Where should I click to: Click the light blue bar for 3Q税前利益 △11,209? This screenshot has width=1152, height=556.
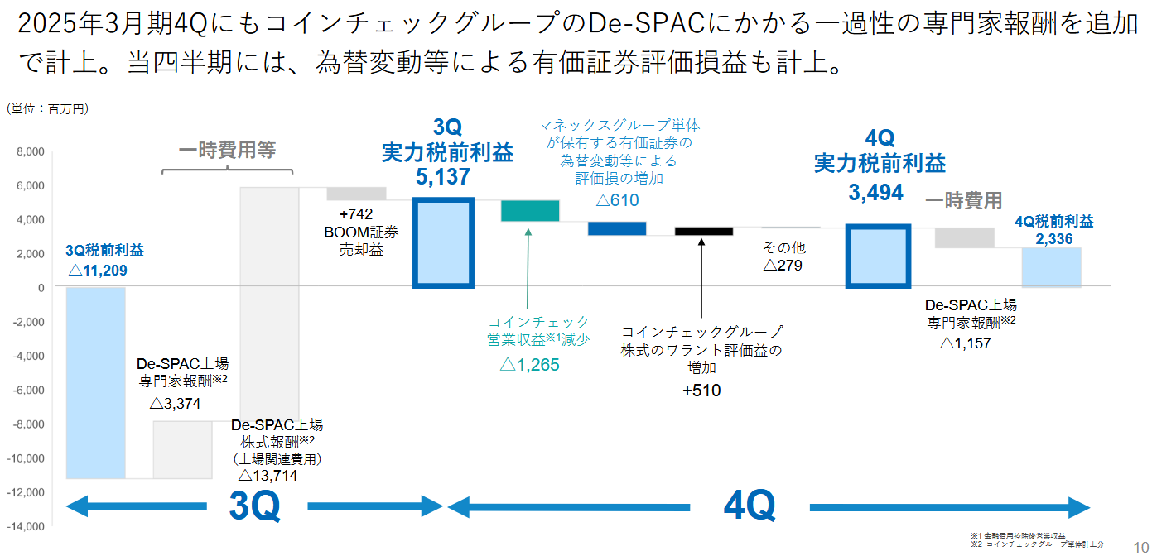[95, 382]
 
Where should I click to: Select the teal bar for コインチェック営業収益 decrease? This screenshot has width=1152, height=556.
[530, 210]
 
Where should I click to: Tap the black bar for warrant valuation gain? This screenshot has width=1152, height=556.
[704, 231]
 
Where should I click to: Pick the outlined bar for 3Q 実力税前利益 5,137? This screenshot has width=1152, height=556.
[443, 243]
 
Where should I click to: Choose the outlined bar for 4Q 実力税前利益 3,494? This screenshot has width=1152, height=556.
[878, 256]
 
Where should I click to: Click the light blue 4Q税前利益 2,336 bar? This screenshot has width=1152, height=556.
[1052, 267]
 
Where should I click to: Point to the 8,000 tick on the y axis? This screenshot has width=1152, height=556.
[29, 152]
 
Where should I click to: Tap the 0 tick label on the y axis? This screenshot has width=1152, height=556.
[40, 288]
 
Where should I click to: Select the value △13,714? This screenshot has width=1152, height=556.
[268, 475]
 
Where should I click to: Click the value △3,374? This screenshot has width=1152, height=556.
[175, 404]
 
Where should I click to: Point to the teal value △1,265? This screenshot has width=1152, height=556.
[530, 364]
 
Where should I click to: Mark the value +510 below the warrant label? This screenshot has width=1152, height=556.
[701, 391]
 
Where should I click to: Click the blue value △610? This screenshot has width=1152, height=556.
[617, 199]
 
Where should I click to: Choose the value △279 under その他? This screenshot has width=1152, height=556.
[783, 266]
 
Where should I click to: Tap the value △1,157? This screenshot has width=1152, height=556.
[965, 343]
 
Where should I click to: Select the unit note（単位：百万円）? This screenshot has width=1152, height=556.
[47, 108]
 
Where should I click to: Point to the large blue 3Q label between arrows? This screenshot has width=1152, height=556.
[254, 506]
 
